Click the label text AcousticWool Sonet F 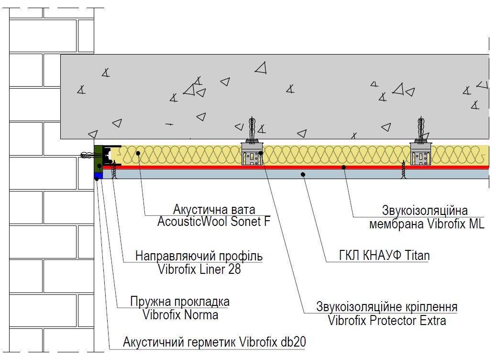[214, 222]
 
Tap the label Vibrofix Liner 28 [199, 270]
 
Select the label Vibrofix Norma [180, 315]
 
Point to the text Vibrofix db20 [273, 342]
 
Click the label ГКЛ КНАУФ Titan [385, 256]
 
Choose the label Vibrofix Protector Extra [387, 321]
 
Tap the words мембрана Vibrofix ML [427, 224]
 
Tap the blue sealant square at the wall [99, 175]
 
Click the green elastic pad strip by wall [99, 158]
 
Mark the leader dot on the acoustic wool [138, 154]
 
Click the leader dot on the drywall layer [303, 174]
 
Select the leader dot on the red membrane [343, 167]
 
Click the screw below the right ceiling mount [403, 170]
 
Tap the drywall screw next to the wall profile [114, 170]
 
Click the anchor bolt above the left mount [252, 128]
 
